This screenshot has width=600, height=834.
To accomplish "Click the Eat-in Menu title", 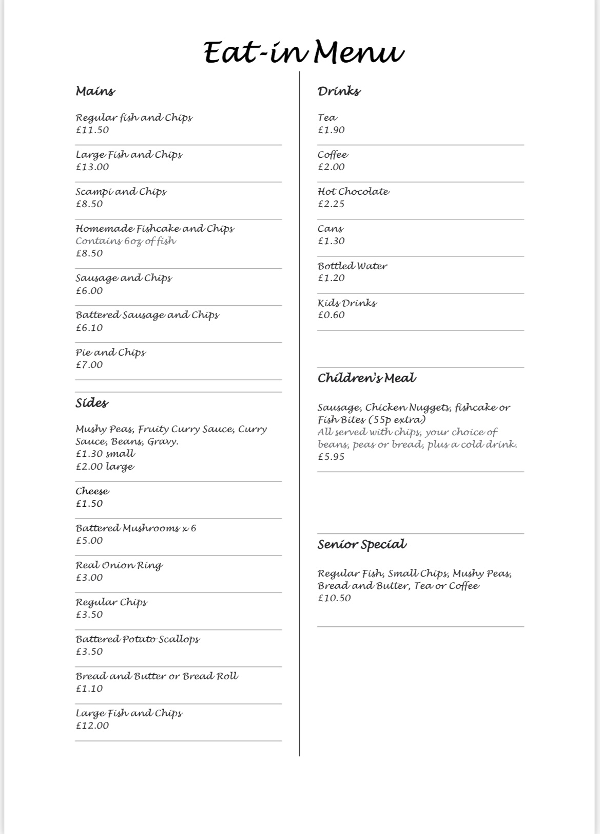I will click(304, 53).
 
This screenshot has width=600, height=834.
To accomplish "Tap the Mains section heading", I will click(95, 91).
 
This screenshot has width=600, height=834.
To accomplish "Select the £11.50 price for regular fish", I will click(92, 130).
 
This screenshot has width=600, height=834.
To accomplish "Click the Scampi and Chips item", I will click(121, 192).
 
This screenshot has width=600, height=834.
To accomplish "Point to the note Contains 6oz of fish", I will click(126, 241).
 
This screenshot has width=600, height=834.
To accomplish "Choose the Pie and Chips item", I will click(110, 353).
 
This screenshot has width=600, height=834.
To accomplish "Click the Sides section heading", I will click(92, 403).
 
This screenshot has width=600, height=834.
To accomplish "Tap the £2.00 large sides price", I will click(105, 467).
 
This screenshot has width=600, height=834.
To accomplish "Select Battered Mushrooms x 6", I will click(136, 528).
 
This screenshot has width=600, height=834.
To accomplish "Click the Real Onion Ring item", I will click(119, 565).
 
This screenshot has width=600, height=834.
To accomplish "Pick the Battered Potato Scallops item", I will click(138, 639).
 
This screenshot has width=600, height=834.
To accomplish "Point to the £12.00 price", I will click(92, 726).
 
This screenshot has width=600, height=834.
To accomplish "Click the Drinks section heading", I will click(339, 91).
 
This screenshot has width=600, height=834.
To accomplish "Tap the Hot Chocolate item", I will click(353, 192).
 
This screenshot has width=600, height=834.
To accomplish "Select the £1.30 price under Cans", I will click(331, 241).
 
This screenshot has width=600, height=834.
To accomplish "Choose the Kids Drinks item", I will click(347, 303).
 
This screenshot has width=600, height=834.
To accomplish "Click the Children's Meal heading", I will click(366, 378).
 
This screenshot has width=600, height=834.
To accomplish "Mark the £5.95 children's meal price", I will click(331, 457).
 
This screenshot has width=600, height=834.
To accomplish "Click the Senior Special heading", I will click(362, 545).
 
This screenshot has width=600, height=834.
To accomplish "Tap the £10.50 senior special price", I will click(334, 598).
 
